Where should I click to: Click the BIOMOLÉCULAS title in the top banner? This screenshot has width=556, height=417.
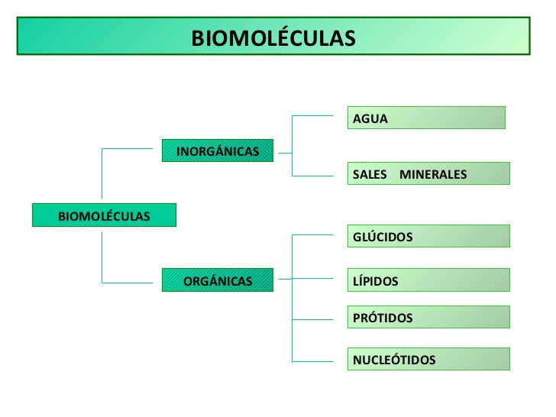click(x=273, y=37)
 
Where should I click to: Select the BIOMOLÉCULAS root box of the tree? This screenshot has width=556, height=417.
click(x=104, y=215)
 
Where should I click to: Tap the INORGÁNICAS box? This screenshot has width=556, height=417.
click(x=218, y=151)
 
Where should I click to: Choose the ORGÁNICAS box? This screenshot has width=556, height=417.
click(x=218, y=281)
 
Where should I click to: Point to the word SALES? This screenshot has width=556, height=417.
click(x=370, y=175)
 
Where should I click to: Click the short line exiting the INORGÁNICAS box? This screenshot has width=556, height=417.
click(x=285, y=152)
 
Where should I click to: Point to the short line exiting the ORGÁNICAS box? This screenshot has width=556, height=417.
click(x=285, y=279)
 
